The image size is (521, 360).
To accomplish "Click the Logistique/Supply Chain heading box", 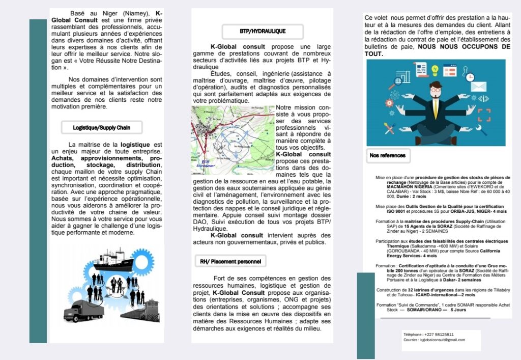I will (x=101, y=127).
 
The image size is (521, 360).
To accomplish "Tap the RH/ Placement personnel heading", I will (x=230, y=262).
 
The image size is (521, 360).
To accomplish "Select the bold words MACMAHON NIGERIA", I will (x=401, y=187).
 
